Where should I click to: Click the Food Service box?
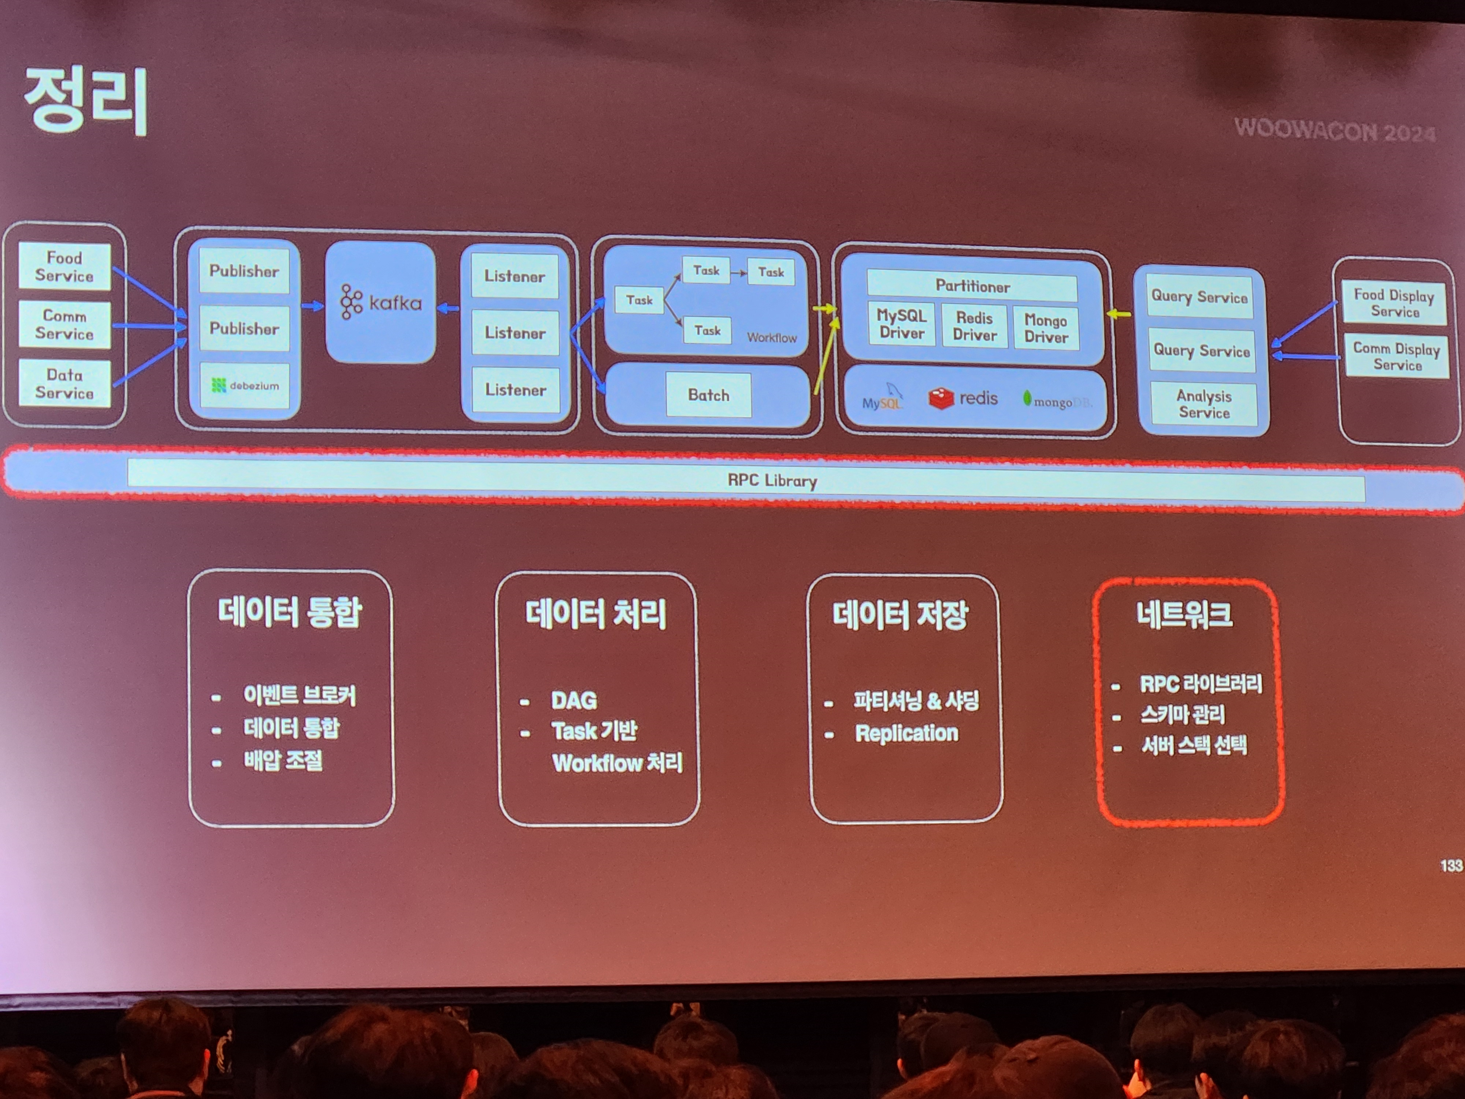(64, 266)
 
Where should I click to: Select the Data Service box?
(64, 384)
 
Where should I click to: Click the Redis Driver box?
(974, 326)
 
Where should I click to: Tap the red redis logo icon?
(941, 398)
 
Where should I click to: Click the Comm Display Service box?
(1396, 356)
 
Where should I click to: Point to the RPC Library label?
(772, 480)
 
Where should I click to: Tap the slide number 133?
(1450, 866)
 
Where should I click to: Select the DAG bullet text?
(574, 700)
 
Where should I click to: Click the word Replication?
(906, 733)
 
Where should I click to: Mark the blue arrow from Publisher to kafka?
(312, 306)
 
